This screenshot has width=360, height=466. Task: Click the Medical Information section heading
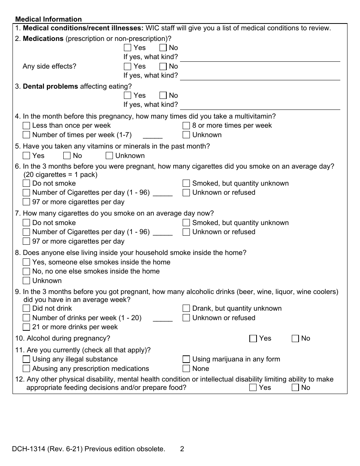click(x=48, y=19)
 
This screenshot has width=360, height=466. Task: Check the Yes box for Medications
click(x=128, y=48)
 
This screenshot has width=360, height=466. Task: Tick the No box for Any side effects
click(x=163, y=66)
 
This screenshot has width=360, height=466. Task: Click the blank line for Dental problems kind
click(x=260, y=106)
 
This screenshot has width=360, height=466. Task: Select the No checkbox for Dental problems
click(x=163, y=95)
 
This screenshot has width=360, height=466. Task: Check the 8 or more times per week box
click(x=186, y=125)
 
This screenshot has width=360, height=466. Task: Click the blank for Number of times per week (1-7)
click(x=153, y=135)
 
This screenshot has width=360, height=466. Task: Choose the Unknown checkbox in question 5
click(x=109, y=156)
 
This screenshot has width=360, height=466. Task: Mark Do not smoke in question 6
click(x=26, y=183)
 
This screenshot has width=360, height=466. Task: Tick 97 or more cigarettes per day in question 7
click(x=26, y=241)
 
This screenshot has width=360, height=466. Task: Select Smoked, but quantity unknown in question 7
click(x=186, y=223)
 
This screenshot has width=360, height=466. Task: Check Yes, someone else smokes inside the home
click(x=26, y=262)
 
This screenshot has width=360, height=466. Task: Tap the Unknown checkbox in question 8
click(x=26, y=281)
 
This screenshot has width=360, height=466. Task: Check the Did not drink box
click(x=26, y=308)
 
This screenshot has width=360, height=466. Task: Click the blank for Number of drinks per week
click(x=163, y=318)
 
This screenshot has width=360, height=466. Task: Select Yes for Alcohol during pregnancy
click(x=253, y=339)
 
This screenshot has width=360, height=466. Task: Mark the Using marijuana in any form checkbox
click(x=186, y=359)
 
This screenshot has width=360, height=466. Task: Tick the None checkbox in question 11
click(x=186, y=369)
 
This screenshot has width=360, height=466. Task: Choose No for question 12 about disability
click(x=295, y=388)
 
